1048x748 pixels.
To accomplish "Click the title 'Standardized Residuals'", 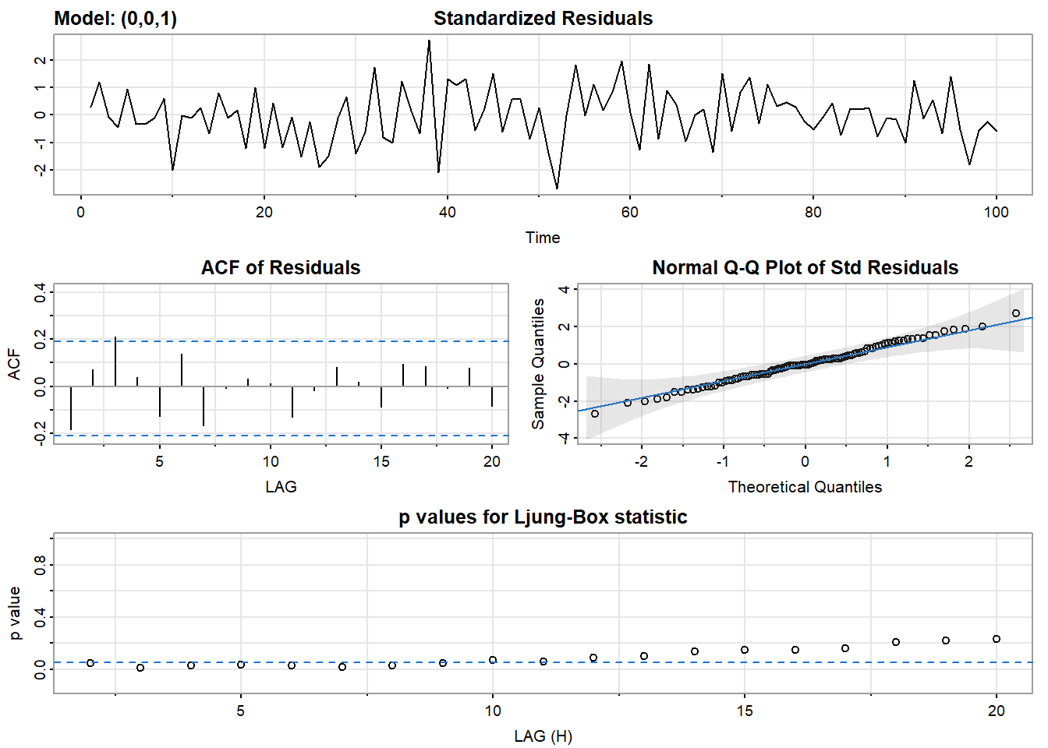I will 543,19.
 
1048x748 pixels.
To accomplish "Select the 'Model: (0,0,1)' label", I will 115,19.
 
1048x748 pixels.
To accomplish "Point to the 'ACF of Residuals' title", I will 281,268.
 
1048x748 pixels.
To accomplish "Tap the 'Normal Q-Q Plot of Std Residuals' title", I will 805,268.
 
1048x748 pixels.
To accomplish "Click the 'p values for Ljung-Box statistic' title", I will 543,517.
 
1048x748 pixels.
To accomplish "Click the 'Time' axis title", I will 543,238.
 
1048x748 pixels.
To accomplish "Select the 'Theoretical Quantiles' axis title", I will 805,487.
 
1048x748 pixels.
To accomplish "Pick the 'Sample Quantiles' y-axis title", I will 538,364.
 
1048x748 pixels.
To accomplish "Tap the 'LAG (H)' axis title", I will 543,736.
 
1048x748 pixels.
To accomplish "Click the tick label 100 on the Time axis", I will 996,213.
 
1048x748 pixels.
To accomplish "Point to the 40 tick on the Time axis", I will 447,213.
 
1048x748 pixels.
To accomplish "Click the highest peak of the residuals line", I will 429,41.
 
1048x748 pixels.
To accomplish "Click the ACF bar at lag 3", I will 115,361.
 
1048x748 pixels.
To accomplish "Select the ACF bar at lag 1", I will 71,408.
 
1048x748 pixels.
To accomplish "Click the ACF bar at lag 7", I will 204,406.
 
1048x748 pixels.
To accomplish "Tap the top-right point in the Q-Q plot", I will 1015,313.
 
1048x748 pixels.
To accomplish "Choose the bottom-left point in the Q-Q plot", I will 595,414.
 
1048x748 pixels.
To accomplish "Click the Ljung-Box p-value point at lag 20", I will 996,639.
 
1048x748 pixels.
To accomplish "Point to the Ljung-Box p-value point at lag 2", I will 90,663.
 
